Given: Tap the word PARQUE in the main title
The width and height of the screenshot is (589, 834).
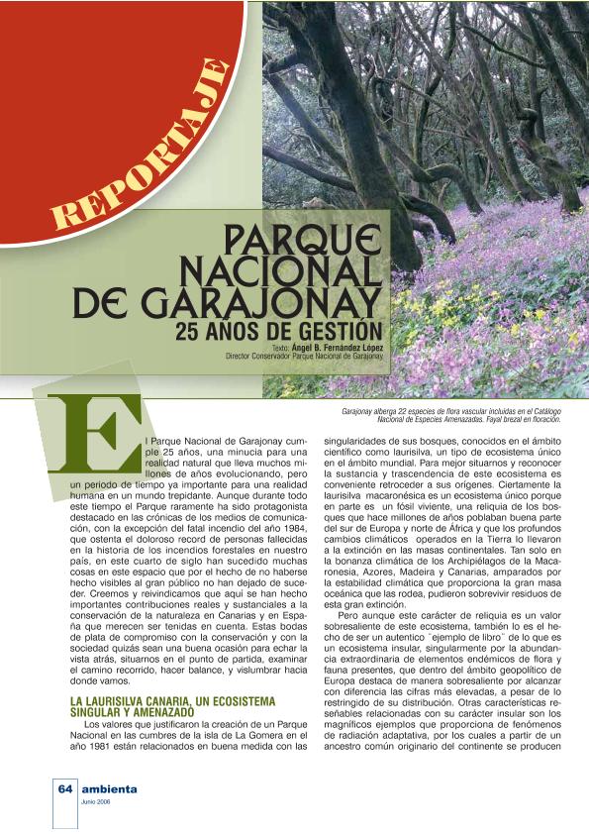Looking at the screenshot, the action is (301, 240).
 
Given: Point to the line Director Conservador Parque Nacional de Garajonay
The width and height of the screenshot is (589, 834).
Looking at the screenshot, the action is (304, 356).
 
